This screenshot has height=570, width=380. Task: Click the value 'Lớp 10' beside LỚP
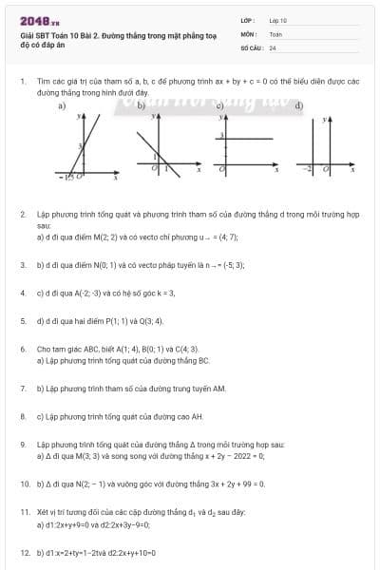278,19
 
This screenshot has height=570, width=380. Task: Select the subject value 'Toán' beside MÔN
275,33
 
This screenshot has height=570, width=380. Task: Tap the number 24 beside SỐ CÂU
273,47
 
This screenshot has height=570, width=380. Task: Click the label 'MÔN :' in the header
249,33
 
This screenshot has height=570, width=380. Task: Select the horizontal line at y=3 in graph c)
247,139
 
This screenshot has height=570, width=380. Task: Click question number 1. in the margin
22,83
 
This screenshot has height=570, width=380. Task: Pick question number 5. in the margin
22,321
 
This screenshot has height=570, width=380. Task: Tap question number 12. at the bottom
24,552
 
